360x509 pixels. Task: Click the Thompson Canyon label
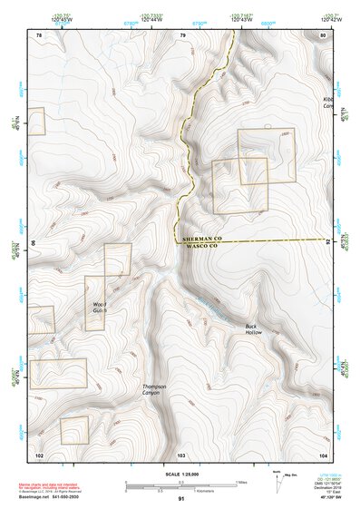[155, 391]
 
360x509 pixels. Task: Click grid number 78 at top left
[38, 35]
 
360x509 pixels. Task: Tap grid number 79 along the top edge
[182, 35]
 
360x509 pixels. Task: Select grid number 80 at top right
[323, 35]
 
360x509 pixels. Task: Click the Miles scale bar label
[240, 481]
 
